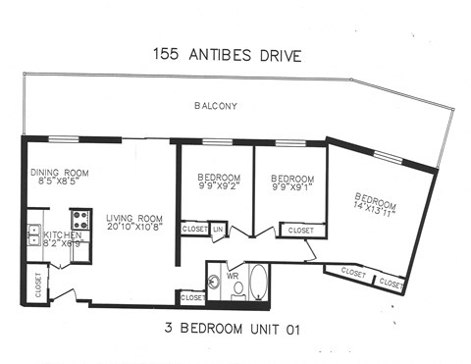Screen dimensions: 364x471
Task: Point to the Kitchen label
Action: click(x=60, y=235)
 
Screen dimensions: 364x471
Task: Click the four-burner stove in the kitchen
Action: click(x=80, y=219)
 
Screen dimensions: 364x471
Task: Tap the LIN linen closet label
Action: click(x=218, y=230)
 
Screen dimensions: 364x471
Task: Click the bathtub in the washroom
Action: click(x=259, y=283)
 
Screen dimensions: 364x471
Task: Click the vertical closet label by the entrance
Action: click(x=37, y=284)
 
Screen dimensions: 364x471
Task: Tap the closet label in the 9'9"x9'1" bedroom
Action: click(x=300, y=231)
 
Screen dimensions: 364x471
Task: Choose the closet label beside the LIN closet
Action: click(x=194, y=230)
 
